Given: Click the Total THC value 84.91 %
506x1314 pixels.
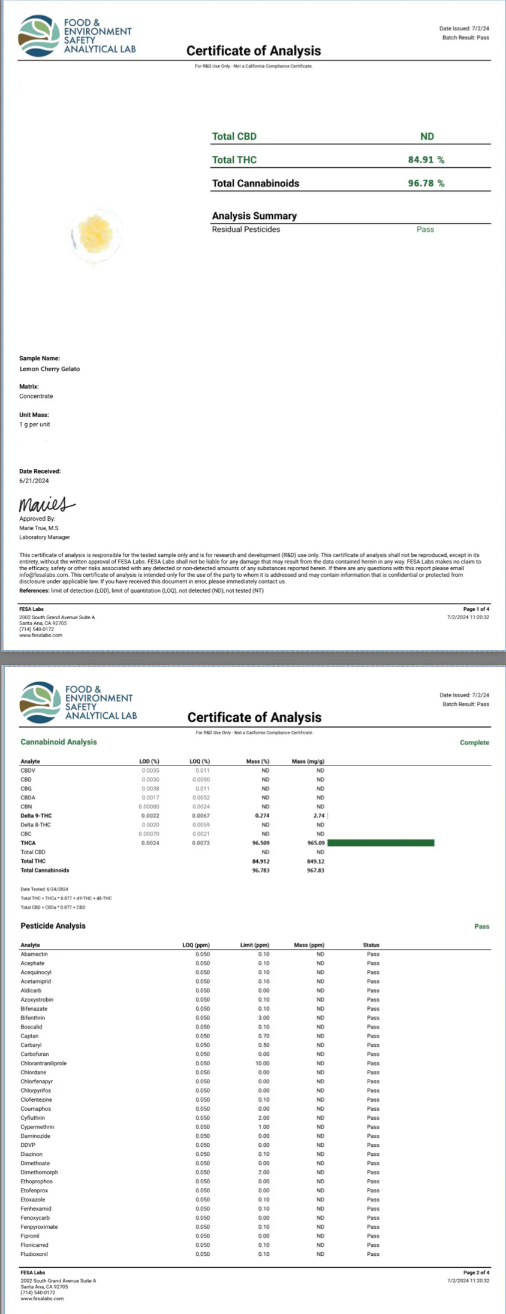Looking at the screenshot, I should [426, 160].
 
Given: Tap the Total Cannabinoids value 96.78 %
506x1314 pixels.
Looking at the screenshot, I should [426, 183].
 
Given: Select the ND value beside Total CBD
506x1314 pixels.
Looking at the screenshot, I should [427, 137].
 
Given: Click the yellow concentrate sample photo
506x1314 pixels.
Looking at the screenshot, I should [96, 233].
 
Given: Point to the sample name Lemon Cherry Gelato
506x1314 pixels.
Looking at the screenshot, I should [49, 369].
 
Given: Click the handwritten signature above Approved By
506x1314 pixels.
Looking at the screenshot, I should [46, 504].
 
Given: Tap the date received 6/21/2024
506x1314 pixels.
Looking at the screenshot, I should [34, 481].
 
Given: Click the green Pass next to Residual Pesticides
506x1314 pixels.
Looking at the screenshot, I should [425, 230].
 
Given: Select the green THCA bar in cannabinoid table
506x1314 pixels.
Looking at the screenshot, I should [381, 843].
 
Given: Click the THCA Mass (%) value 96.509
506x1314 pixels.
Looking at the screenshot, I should [261, 843].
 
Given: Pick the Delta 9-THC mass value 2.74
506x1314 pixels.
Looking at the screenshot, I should [318, 816].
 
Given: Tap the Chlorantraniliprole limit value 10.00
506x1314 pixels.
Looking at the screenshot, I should [263, 1063].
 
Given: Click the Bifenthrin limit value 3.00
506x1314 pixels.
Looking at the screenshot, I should [264, 1018].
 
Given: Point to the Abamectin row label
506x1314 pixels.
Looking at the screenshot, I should [34, 954].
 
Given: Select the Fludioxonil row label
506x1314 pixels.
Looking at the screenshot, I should [34, 1254].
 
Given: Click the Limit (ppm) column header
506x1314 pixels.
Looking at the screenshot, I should [255, 945].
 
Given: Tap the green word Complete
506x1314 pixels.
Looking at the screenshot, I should [474, 743].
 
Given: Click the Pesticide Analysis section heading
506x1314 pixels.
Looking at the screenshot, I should [53, 926].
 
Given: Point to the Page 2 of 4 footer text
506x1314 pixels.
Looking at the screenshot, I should [476, 1272].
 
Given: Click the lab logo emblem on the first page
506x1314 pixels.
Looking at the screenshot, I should [40, 35].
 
